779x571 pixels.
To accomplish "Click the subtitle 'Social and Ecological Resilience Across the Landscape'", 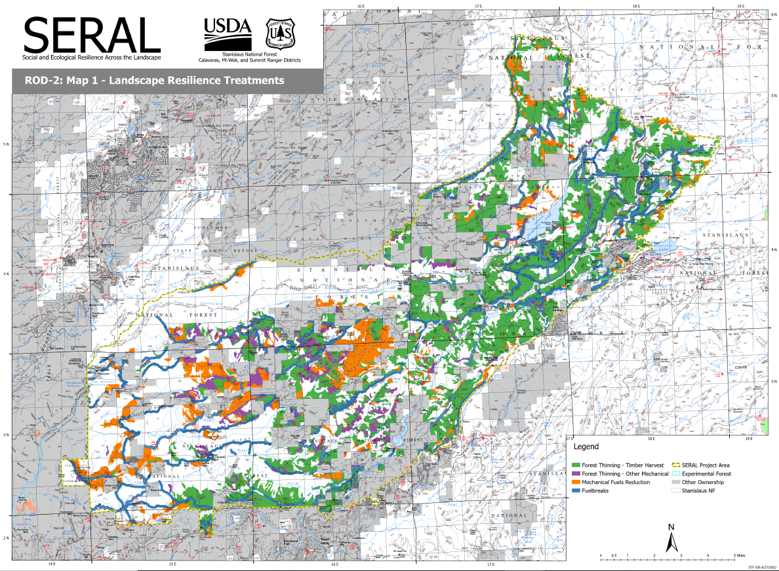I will (x=92, y=58).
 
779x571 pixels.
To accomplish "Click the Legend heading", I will (x=586, y=447).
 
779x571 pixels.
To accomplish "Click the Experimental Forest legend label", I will (x=706, y=473).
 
